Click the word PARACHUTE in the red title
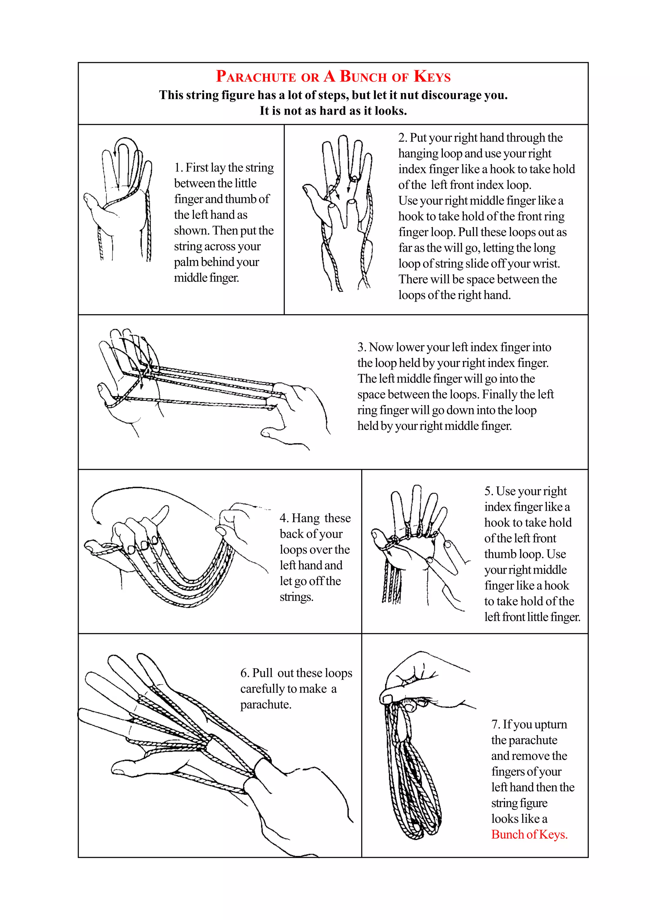255,77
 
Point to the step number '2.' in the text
402,138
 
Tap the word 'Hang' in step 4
306,518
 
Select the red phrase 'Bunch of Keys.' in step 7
529,834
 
